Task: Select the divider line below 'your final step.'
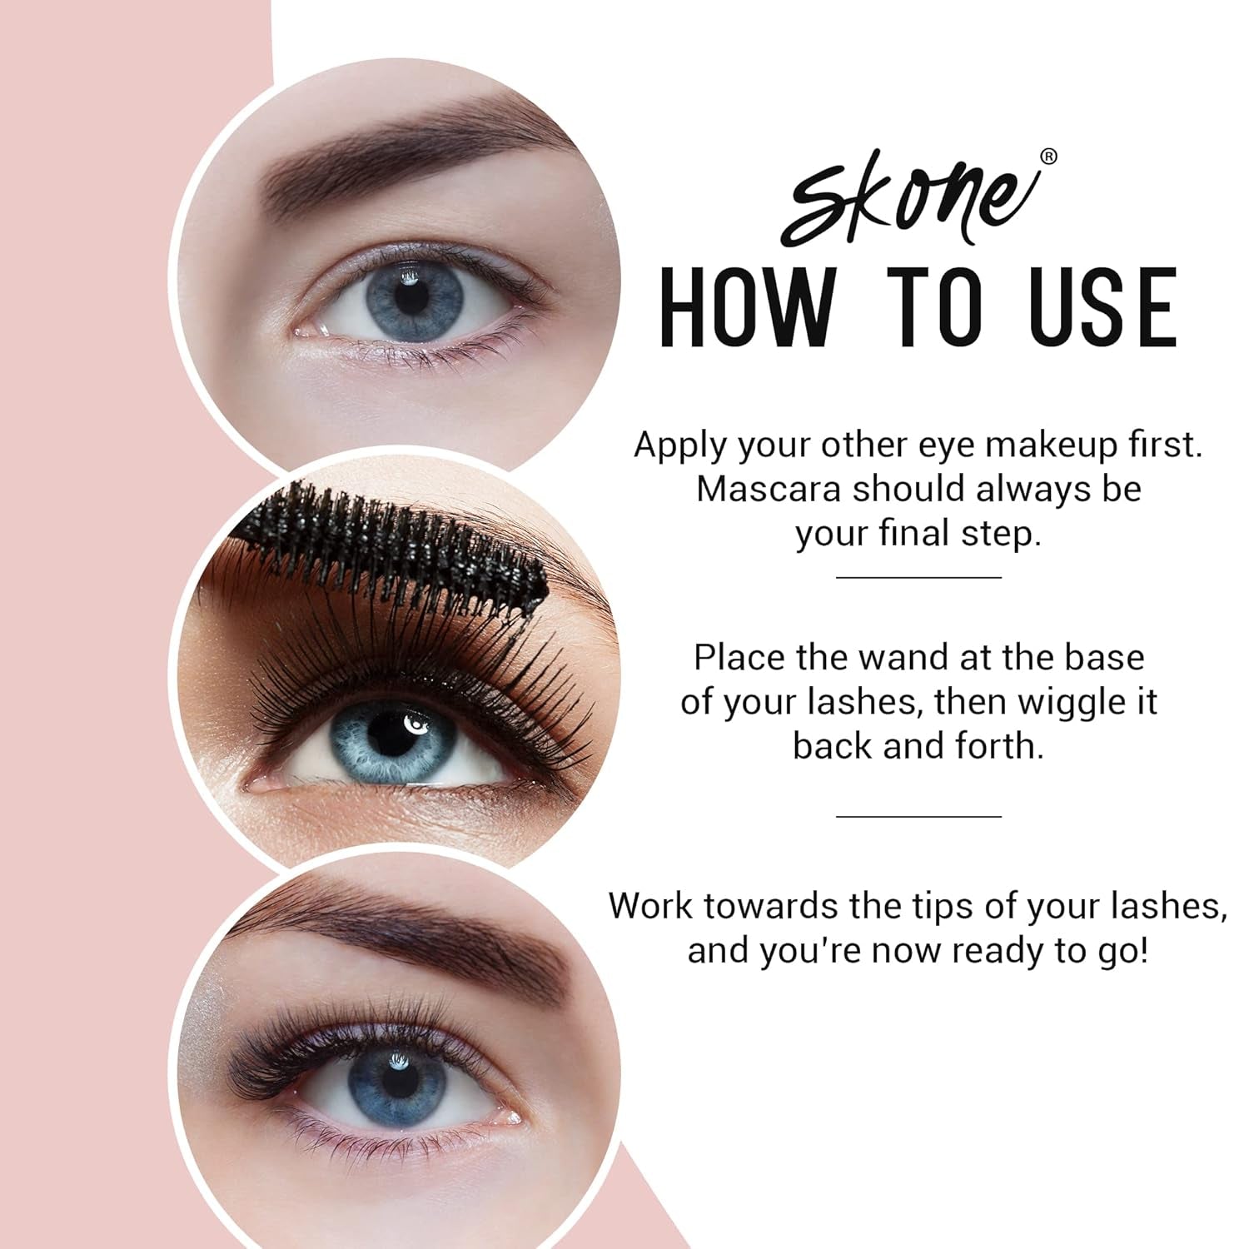tap(918, 576)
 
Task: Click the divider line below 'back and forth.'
tap(918, 816)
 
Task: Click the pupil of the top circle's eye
tap(408, 297)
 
